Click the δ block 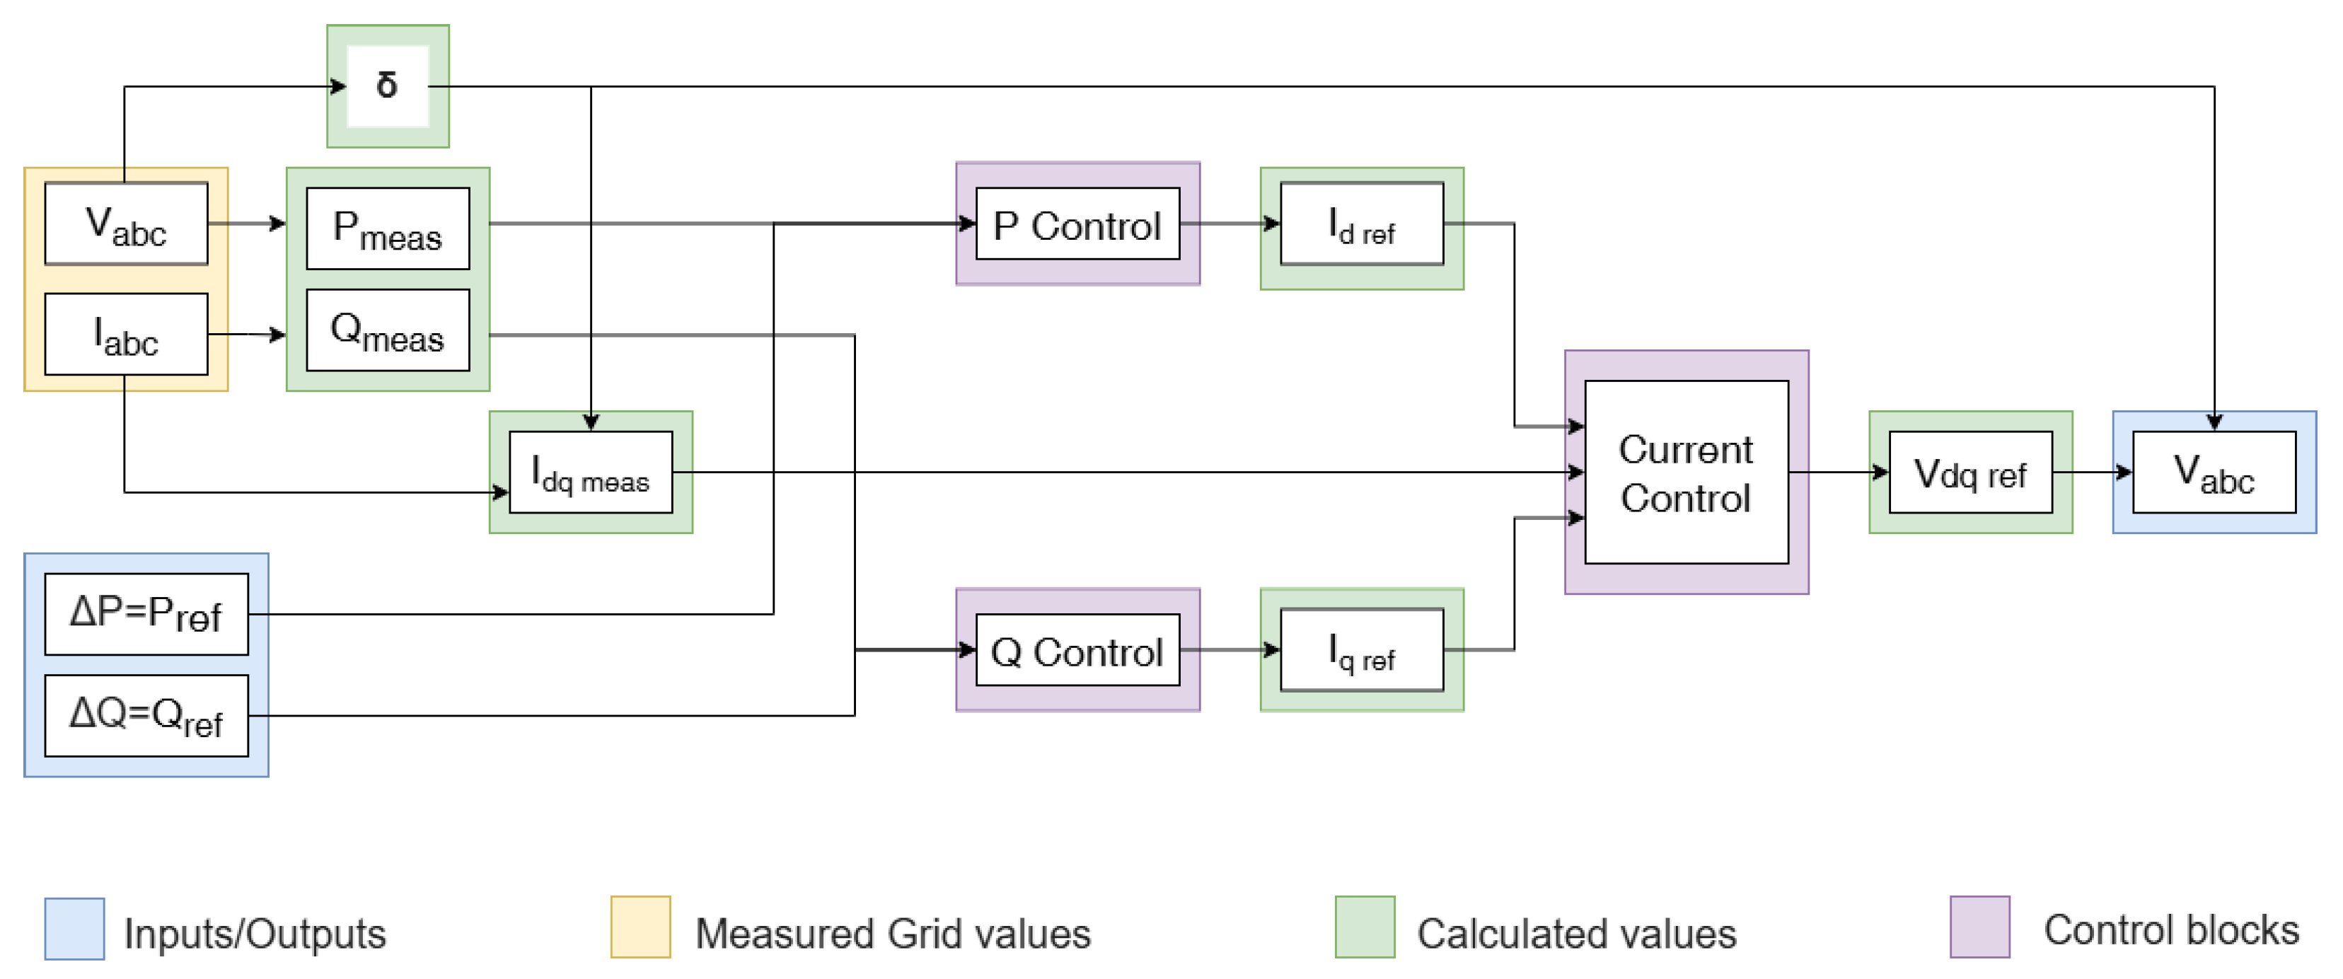[x=388, y=86]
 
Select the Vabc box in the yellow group [x=125, y=224]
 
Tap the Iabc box [x=125, y=334]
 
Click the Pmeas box [x=388, y=228]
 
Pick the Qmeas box [x=388, y=330]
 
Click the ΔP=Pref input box [x=146, y=614]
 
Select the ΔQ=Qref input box [x=146, y=715]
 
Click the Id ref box [x=1362, y=224]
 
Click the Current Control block [x=1687, y=473]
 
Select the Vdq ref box [x=1970, y=473]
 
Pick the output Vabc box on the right [x=2214, y=473]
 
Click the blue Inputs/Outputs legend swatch [x=74, y=929]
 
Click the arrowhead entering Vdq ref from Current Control [x=1881, y=473]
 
